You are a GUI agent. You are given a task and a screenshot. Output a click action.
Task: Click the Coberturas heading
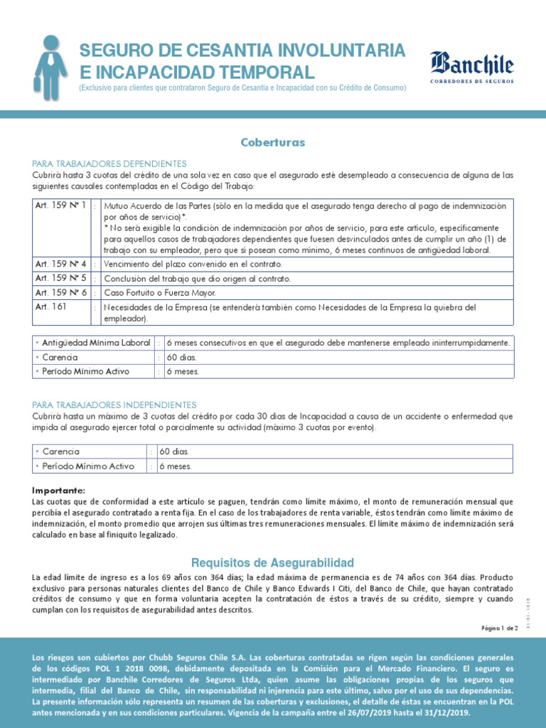(272, 142)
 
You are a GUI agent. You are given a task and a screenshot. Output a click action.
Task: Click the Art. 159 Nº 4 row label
(61, 264)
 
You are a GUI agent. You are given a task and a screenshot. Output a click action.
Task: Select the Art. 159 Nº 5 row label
(61, 278)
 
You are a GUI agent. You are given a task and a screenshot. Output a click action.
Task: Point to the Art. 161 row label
(50, 307)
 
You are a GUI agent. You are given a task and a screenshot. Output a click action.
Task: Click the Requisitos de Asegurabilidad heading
(272, 562)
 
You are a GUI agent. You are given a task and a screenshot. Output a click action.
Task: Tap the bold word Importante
(58, 491)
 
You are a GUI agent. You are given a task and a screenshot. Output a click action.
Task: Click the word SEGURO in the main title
(114, 51)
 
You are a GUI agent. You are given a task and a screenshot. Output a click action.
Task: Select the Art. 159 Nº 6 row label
(61, 292)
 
